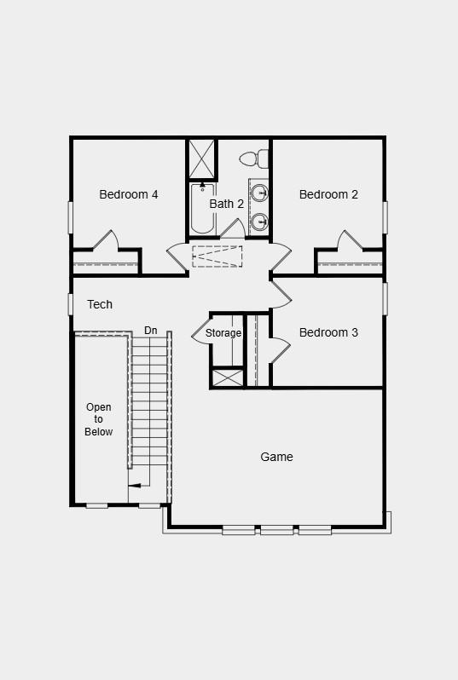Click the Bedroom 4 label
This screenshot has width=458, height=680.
tap(129, 194)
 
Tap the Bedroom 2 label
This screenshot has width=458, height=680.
tap(328, 194)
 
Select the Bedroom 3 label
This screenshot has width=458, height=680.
tap(328, 332)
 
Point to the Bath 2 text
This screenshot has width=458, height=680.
tap(227, 204)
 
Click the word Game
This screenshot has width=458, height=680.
tap(276, 457)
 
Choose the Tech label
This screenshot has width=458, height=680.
tap(100, 304)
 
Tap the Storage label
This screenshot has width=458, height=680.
tap(223, 333)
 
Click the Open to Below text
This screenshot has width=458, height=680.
tap(99, 419)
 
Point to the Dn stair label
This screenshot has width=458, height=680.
tap(151, 330)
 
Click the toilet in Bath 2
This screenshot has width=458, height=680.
tap(254, 158)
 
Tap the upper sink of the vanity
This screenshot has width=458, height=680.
tap(259, 192)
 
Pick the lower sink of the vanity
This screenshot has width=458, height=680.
tap(259, 222)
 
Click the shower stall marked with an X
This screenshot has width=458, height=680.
tap(202, 158)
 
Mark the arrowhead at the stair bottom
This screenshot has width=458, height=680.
tap(134, 486)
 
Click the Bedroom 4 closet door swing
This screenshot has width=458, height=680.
tap(106, 240)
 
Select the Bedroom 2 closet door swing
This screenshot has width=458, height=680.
tap(350, 240)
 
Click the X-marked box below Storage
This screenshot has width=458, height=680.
tap(228, 377)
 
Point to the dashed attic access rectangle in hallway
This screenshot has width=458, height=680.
tap(217, 256)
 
